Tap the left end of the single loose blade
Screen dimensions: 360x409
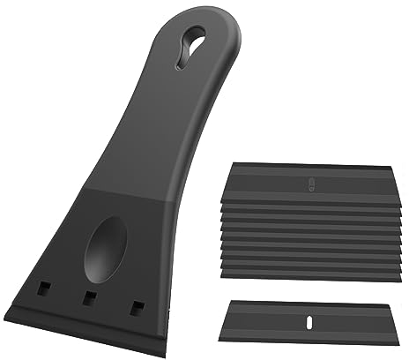pos(228,315)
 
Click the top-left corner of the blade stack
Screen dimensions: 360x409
pos(231,164)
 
